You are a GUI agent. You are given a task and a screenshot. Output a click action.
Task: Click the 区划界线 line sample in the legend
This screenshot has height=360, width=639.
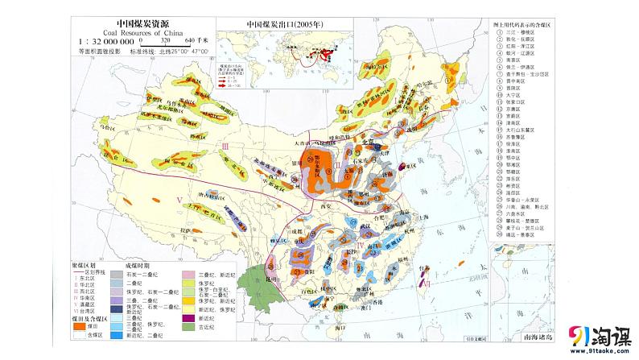click(78, 271)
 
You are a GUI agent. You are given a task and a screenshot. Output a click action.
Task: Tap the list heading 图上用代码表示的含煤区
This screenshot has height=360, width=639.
click(530, 24)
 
